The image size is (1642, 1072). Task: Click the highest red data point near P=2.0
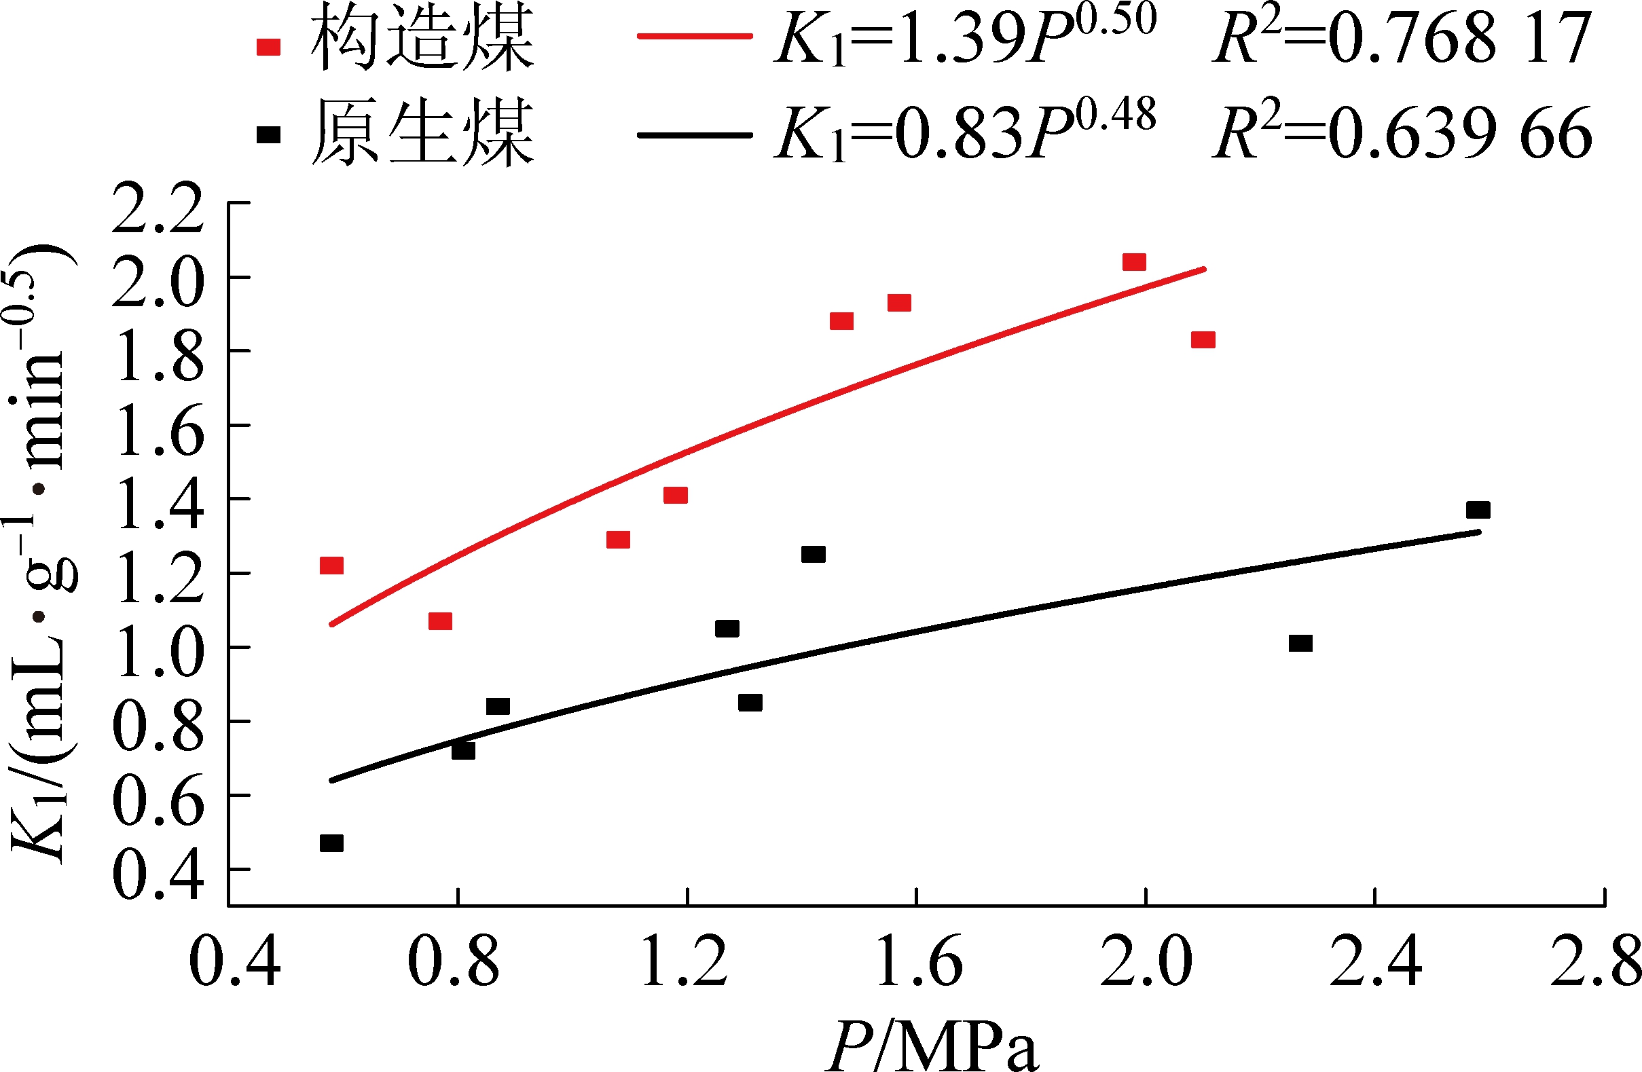(x=1134, y=262)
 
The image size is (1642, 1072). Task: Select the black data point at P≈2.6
(x=1478, y=510)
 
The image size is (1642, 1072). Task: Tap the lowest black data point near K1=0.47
(x=332, y=843)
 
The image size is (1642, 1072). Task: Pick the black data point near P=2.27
(x=1300, y=643)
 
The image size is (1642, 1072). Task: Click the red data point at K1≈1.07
(x=440, y=621)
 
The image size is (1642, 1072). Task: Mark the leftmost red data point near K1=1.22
(x=332, y=566)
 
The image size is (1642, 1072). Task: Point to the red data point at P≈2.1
(x=1203, y=340)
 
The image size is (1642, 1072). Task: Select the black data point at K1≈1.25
(x=814, y=555)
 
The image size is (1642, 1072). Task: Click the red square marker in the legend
(x=268, y=47)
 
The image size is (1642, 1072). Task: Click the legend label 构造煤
(x=422, y=38)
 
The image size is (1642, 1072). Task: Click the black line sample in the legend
(x=695, y=135)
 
